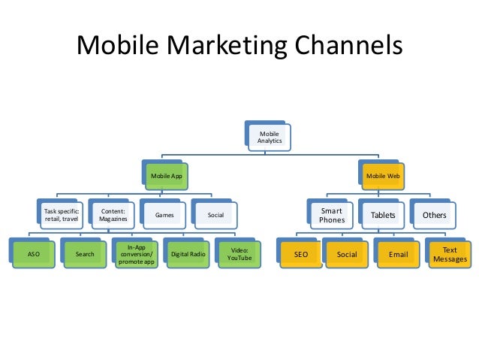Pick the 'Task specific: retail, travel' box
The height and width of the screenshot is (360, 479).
pos(59,215)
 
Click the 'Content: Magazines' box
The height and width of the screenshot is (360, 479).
pos(113,215)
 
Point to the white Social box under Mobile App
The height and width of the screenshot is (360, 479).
pos(215,215)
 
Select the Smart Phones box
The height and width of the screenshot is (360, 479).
pos(332,216)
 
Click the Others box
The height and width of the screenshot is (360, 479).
pos(434,216)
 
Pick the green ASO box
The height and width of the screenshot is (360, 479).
pos(33,254)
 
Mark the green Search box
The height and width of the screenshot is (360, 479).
pos(85,254)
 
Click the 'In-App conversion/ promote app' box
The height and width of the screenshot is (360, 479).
pos(137,254)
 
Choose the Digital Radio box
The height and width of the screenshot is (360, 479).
pos(188,254)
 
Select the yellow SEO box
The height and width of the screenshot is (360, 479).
pos(300,254)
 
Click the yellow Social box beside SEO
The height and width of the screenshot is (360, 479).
pos(347,254)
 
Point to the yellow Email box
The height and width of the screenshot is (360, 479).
pos(399,254)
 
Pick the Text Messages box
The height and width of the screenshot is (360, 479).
pos(450,254)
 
